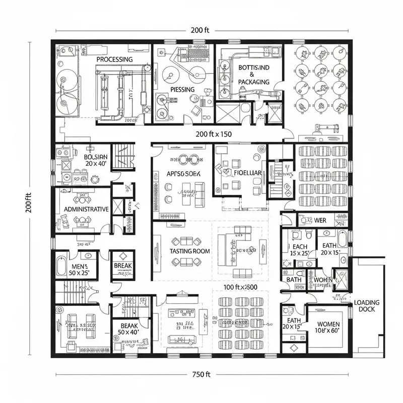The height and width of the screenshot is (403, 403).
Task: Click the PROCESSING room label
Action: tap(114, 59)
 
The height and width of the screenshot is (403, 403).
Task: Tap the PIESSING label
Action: tap(182, 90)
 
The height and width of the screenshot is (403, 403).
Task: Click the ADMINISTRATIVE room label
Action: tap(84, 209)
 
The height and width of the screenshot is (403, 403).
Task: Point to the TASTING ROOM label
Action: tap(190, 251)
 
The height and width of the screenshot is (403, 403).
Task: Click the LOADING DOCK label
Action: tap(367, 306)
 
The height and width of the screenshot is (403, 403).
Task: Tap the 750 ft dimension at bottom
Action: tap(200, 374)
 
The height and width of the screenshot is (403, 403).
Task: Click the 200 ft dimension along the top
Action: tap(200, 30)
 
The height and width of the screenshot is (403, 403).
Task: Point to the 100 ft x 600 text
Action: tap(240, 287)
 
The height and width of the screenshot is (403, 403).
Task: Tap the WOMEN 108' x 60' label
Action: tap(327, 328)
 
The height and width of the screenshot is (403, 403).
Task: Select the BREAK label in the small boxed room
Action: tap(122, 265)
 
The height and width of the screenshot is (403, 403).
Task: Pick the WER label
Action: tap(320, 221)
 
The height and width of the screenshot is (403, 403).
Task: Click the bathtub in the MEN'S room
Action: tap(61, 266)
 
